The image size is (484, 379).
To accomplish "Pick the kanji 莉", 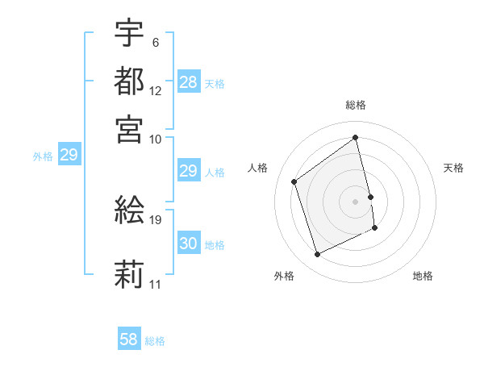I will [129, 274].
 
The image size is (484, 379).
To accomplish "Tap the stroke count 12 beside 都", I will [156, 90].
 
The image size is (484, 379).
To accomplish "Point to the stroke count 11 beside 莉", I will [156, 284].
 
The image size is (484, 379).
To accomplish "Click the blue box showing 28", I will [189, 82].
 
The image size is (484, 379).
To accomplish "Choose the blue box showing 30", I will [189, 244].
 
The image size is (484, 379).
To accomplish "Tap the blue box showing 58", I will [129, 339].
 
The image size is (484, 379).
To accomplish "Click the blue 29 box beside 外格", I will [69, 155].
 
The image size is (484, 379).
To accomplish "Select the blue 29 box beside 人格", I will [189, 171].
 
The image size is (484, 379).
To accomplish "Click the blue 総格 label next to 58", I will [155, 340].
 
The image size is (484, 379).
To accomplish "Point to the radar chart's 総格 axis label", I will [356, 105].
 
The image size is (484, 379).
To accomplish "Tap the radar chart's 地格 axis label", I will [423, 276].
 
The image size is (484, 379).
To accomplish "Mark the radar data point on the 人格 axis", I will [294, 181].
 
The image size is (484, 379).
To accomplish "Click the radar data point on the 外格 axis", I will [317, 255].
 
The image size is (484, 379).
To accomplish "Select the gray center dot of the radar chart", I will [356, 201].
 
